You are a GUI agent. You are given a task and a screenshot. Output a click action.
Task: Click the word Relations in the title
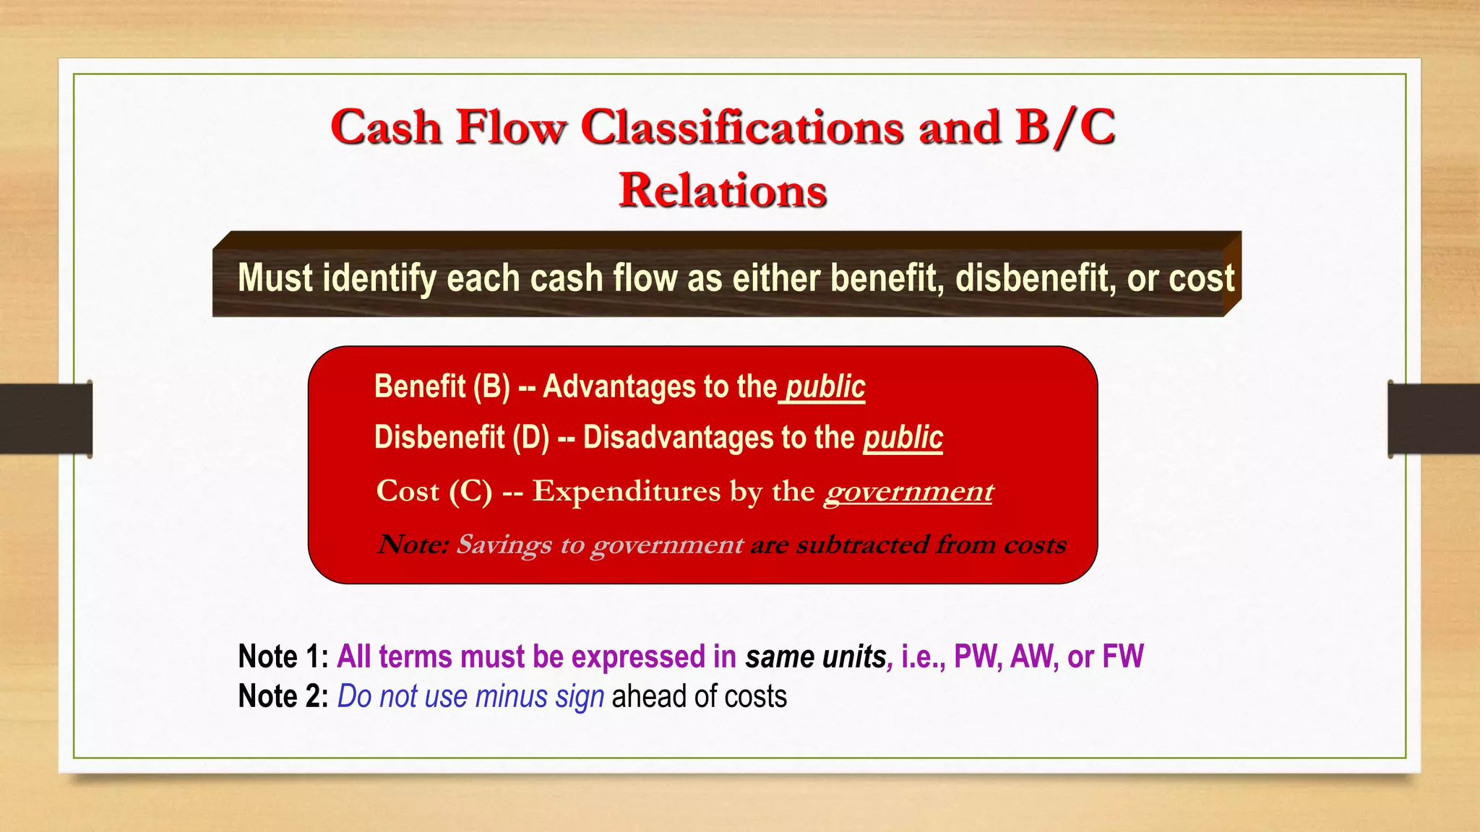click(723, 191)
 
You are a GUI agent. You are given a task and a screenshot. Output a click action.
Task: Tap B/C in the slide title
click(1065, 127)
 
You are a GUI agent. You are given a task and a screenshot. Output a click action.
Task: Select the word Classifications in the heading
click(742, 127)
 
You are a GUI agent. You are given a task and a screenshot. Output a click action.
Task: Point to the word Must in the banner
click(275, 278)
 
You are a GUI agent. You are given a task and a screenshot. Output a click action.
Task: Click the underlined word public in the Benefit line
click(825, 386)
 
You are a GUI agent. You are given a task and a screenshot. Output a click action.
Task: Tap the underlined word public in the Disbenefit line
click(903, 437)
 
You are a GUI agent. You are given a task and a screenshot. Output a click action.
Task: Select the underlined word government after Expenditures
click(908, 491)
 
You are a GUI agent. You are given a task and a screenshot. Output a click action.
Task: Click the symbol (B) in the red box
click(491, 386)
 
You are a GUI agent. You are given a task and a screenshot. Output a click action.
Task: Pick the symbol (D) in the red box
click(531, 437)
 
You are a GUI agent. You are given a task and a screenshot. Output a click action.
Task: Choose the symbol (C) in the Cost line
click(470, 491)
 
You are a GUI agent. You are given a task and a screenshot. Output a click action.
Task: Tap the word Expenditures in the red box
click(627, 491)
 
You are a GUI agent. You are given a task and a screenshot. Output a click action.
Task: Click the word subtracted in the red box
click(862, 544)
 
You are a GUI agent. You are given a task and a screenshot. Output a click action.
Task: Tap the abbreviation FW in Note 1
click(1123, 656)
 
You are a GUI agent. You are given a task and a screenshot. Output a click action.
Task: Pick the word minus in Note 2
click(511, 696)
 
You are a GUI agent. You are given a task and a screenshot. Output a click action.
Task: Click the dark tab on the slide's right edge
click(1434, 419)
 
